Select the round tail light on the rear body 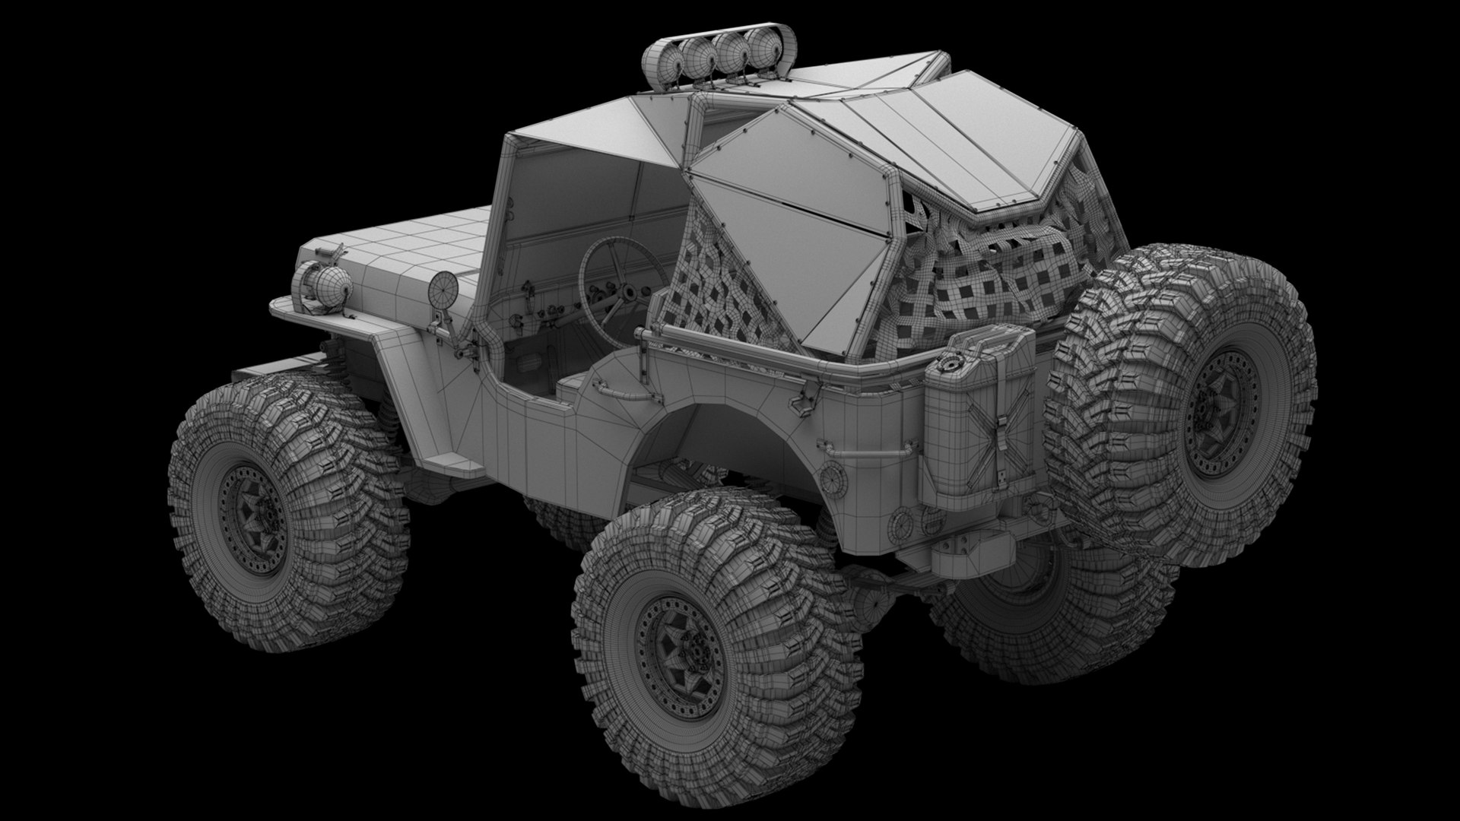[x=834, y=478]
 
